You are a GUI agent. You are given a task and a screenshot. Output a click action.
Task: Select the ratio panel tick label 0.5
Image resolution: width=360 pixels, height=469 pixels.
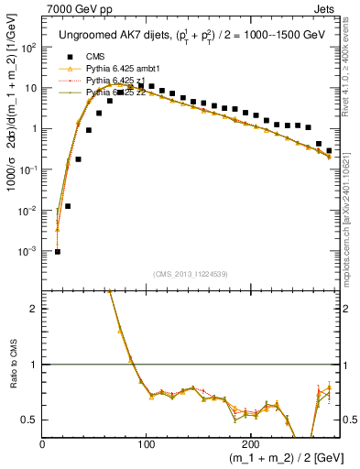(x=30, y=420)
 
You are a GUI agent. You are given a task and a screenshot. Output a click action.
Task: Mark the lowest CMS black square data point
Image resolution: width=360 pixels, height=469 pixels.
(x=58, y=251)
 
